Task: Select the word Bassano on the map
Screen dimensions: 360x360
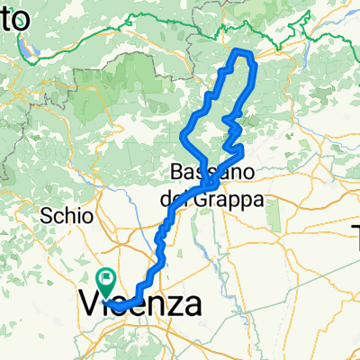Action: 210,171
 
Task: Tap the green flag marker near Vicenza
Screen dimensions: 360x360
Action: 107,281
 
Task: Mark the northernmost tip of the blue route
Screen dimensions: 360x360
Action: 239,53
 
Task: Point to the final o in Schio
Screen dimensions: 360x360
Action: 88,216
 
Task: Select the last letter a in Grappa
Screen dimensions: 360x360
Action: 257,200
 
